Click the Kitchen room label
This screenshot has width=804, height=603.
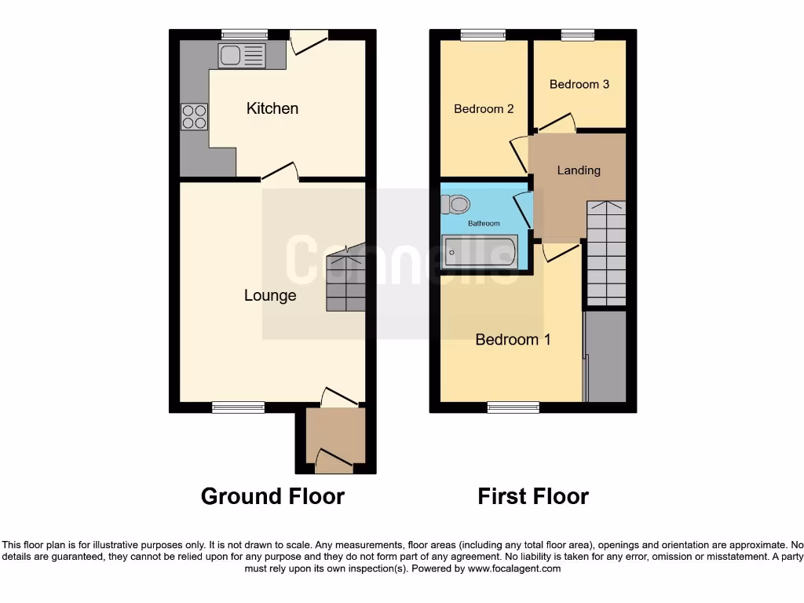[x=272, y=108]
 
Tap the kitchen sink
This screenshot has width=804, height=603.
[x=243, y=55]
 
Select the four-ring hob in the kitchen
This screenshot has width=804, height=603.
[x=195, y=117]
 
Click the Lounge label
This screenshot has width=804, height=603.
[x=270, y=296]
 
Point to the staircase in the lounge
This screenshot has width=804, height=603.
[x=345, y=278]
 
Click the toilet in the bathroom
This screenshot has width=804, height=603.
[x=455, y=205]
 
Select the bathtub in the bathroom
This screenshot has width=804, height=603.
[x=479, y=253]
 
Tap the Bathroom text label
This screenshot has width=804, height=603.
[x=484, y=224]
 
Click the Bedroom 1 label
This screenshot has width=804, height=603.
[x=513, y=340]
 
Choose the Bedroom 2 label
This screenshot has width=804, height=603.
[x=484, y=109]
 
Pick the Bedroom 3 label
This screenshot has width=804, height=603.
[x=579, y=84]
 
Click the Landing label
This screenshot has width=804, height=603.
[x=579, y=170]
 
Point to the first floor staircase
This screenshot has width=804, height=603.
[x=606, y=253]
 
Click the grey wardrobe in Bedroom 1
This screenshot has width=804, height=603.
[x=606, y=357]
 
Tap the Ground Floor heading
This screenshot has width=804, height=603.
[x=272, y=496]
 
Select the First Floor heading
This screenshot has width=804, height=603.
[x=533, y=496]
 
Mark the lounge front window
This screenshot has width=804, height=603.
[x=238, y=407]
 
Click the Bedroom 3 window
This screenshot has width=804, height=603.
[x=578, y=35]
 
